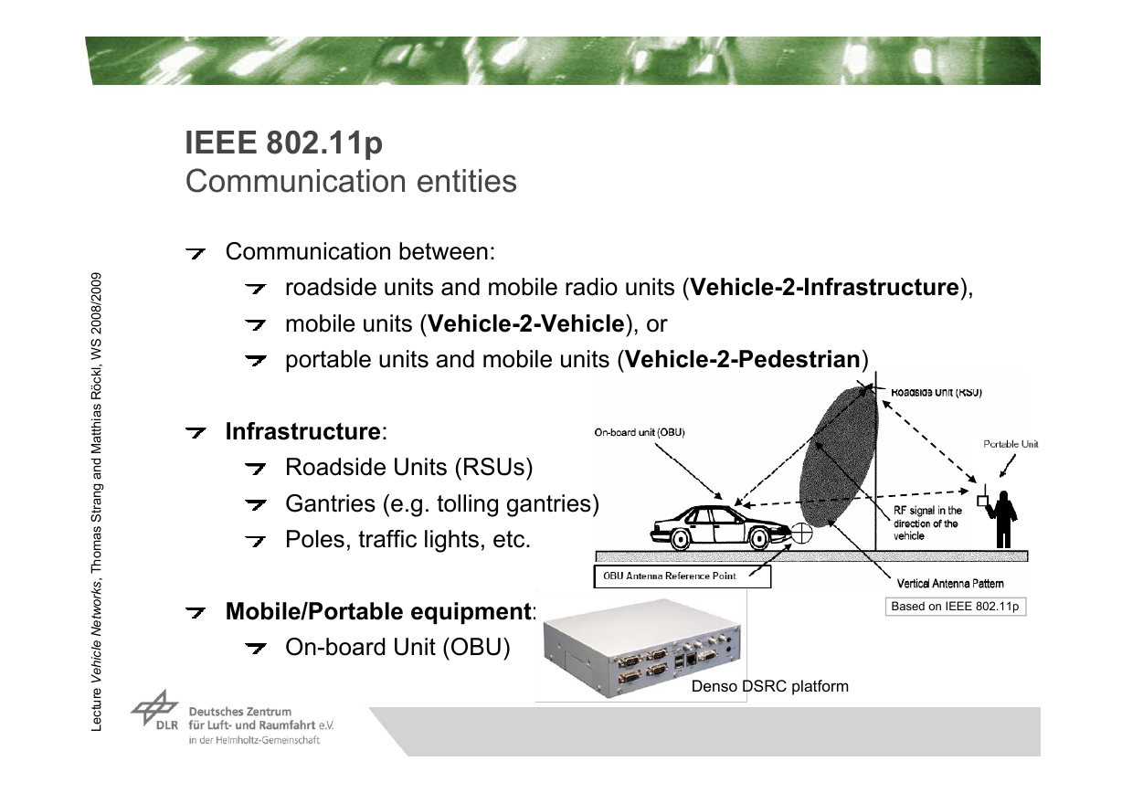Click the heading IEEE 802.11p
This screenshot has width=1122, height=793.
284,143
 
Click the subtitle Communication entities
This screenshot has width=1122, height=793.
351,181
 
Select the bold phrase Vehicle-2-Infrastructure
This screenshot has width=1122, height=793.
824,287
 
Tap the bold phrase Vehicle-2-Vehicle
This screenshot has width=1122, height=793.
526,323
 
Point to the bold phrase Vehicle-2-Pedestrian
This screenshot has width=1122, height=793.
743,359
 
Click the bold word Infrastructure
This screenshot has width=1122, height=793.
303,431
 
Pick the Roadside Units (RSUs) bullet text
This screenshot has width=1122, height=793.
408,468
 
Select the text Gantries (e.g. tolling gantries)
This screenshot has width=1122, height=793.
442,503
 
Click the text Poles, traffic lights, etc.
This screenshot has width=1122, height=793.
408,540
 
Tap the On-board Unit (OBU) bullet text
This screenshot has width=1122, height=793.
397,647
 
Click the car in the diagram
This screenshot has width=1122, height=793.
721,527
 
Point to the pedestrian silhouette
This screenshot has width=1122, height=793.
1003,520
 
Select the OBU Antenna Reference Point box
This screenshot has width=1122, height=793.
683,576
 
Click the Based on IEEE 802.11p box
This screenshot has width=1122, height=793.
956,606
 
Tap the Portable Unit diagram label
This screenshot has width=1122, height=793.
1011,444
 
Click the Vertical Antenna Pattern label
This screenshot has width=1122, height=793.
950,584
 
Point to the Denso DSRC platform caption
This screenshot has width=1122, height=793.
770,686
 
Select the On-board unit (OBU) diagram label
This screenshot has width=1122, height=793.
640,432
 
